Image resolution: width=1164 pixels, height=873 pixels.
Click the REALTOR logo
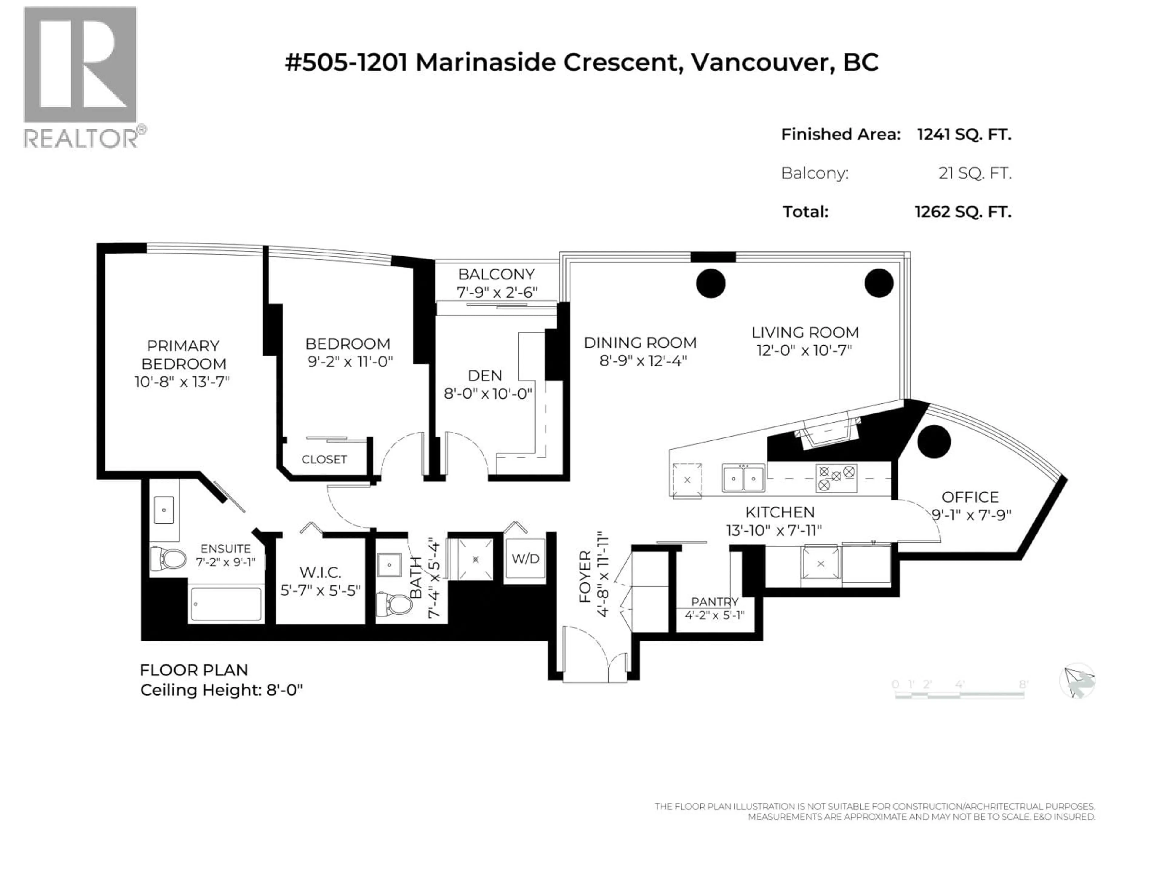pyautogui.click(x=81, y=76)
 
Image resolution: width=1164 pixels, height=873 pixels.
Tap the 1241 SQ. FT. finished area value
pyautogui.click(x=964, y=135)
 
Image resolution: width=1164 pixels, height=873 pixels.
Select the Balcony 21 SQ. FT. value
pyautogui.click(x=975, y=173)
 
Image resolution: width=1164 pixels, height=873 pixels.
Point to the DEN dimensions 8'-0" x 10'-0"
pyautogui.click(x=488, y=394)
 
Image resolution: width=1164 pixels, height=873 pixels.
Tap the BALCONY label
pyautogui.click(x=496, y=274)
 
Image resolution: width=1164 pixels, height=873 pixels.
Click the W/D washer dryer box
pyautogui.click(x=525, y=559)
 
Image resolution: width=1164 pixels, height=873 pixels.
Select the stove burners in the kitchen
pyautogui.click(x=836, y=478)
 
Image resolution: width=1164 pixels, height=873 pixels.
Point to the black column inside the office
pyautogui.click(x=934, y=441)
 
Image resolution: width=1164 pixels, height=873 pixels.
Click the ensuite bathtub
pyautogui.click(x=226, y=604)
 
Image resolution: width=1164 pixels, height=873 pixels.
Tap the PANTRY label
pyautogui.click(x=714, y=601)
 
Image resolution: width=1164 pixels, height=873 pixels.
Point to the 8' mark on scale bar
pyautogui.click(x=1023, y=684)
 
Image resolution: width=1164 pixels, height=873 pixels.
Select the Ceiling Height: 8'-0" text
pyautogui.click(x=222, y=691)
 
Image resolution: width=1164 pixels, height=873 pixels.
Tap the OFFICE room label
pyautogui.click(x=970, y=497)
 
